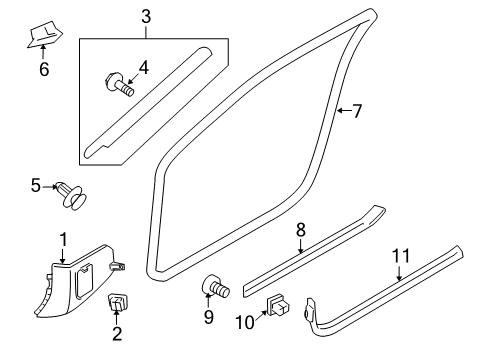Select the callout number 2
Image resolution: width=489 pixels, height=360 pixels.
116,333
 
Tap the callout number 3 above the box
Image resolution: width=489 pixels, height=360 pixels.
146,17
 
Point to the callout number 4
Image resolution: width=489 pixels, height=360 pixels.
143,67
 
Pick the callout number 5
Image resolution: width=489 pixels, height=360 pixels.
36,185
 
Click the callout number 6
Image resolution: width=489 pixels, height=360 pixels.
43,69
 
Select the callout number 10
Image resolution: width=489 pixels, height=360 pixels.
244,321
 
